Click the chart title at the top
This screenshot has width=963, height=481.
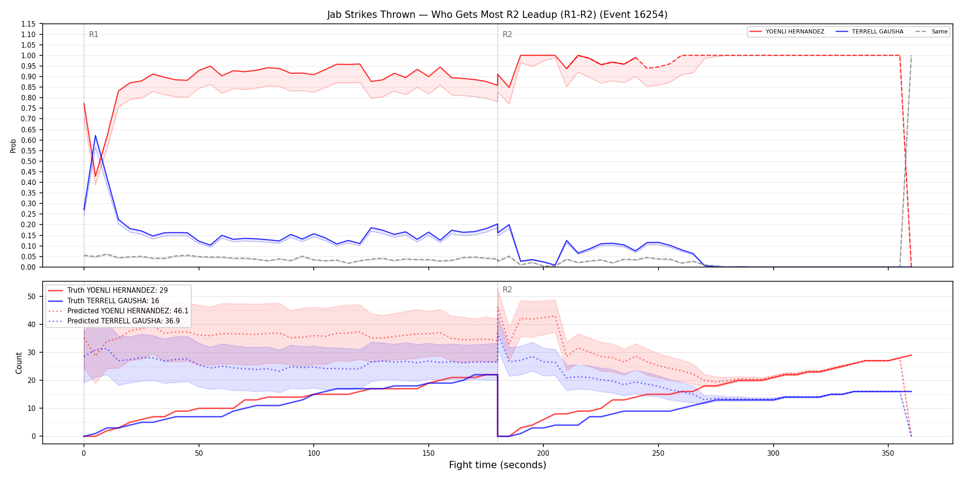point(497,15)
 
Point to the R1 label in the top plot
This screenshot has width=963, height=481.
point(94,34)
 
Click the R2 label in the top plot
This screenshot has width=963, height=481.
point(507,34)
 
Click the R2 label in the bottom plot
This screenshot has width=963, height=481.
point(507,290)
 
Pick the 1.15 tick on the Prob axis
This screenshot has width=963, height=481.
point(28,24)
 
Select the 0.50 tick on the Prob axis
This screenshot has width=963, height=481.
point(28,161)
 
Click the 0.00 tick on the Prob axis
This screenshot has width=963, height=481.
point(28,267)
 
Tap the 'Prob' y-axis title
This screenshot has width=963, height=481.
point(13,146)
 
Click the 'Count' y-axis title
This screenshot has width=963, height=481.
point(19,363)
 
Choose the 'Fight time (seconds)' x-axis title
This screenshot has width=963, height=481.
point(498,465)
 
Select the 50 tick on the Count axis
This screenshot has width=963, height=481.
point(32,296)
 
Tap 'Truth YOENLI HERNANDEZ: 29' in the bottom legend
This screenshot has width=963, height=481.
point(117,290)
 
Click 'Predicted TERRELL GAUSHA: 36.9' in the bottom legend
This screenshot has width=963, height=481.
point(123,321)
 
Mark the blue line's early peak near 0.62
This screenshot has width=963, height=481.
point(95,136)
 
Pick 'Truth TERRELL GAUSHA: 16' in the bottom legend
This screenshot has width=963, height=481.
point(113,301)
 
